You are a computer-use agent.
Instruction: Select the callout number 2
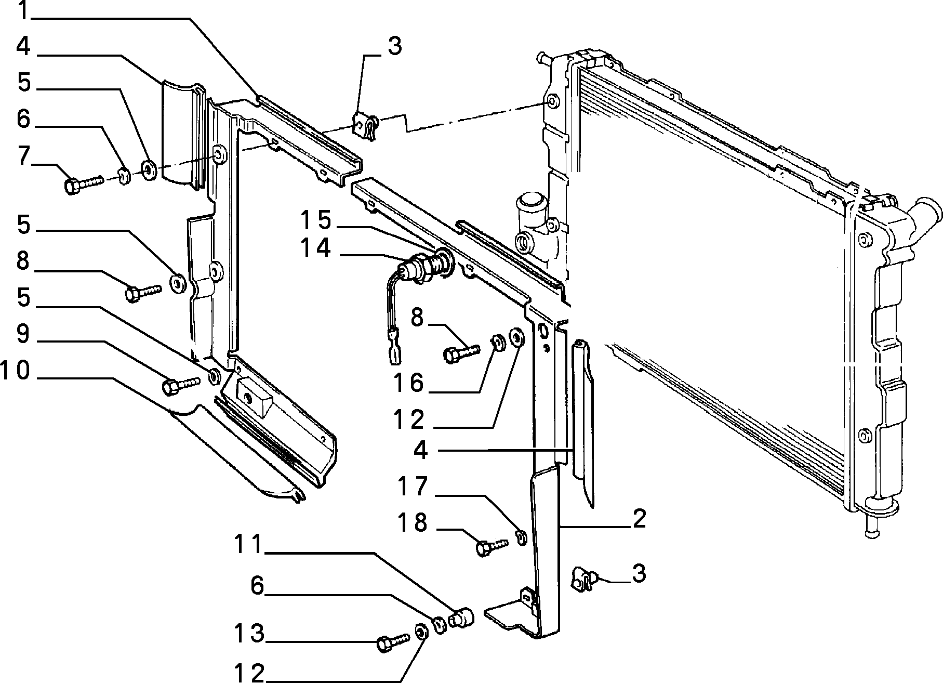pos(639,518)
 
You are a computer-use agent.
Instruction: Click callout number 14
pos(315,248)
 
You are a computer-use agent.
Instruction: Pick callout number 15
pos(316,220)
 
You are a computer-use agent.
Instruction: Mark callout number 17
pos(413,486)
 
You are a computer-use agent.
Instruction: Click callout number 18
pos(413,522)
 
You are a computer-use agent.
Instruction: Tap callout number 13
pos(249,634)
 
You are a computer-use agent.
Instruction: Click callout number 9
pos(24,334)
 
